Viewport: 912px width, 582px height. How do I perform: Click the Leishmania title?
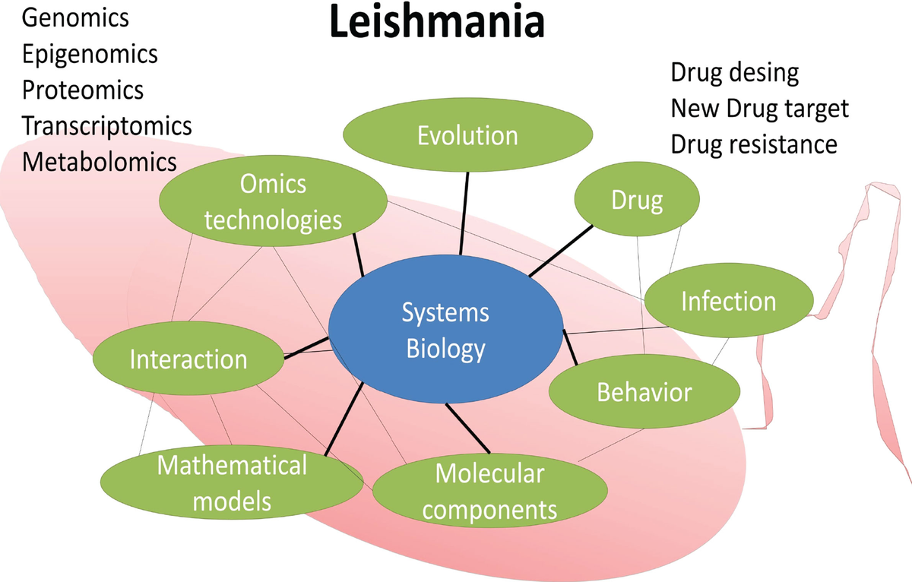pyautogui.click(x=436, y=23)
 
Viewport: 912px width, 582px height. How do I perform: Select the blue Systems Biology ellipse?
pyautogui.click(x=445, y=331)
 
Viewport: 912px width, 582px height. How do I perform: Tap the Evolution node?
pyautogui.click(x=467, y=135)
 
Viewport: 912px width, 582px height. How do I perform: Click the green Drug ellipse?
pyautogui.click(x=637, y=201)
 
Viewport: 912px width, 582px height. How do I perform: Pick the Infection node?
pyautogui.click(x=728, y=301)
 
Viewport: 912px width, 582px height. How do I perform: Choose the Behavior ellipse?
pyautogui.click(x=644, y=392)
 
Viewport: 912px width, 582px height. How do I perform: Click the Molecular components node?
pyautogui.click(x=489, y=491)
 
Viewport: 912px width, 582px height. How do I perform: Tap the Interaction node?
pyautogui.click(x=188, y=359)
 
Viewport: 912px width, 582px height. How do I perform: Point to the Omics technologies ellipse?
pyautogui.click(x=273, y=202)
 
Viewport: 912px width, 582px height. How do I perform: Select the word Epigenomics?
pyautogui.click(x=90, y=54)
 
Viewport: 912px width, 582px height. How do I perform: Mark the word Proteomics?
pyautogui.click(x=83, y=90)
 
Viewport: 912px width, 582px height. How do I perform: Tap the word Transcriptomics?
pyautogui.click(x=106, y=125)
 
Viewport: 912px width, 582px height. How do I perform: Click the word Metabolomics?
pyautogui.click(x=99, y=161)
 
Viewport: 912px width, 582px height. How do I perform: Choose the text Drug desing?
pyautogui.click(x=734, y=73)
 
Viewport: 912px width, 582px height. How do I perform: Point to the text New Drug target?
pyautogui.click(x=758, y=109)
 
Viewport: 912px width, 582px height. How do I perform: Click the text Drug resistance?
pyautogui.click(x=753, y=144)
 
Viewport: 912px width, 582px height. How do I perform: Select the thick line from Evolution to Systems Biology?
pyautogui.click(x=464, y=213)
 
